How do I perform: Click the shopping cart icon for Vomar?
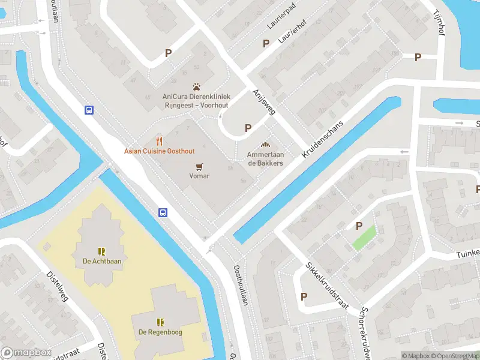click(x=199, y=166)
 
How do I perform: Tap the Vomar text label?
click(x=199, y=176)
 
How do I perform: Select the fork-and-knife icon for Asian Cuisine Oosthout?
click(x=159, y=141)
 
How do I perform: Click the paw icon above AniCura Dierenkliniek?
click(x=196, y=87)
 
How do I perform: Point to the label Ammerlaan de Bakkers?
click(x=265, y=159)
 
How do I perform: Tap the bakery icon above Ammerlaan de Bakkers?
click(x=265, y=145)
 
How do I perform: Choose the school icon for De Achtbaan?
click(x=102, y=251)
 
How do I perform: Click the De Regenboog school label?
click(x=160, y=332)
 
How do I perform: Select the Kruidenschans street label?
click(x=323, y=139)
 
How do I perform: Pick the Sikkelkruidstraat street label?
click(x=326, y=284)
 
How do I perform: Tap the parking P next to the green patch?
click(x=359, y=226)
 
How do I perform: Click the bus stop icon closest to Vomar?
click(x=163, y=212)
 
